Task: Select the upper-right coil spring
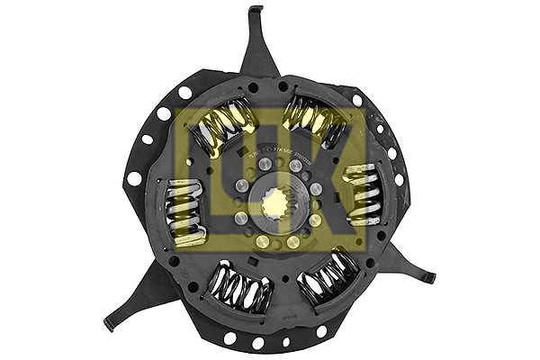(x=315, y=122)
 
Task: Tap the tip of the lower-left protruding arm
(x=109, y=323)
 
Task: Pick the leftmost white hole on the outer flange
(x=134, y=178)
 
